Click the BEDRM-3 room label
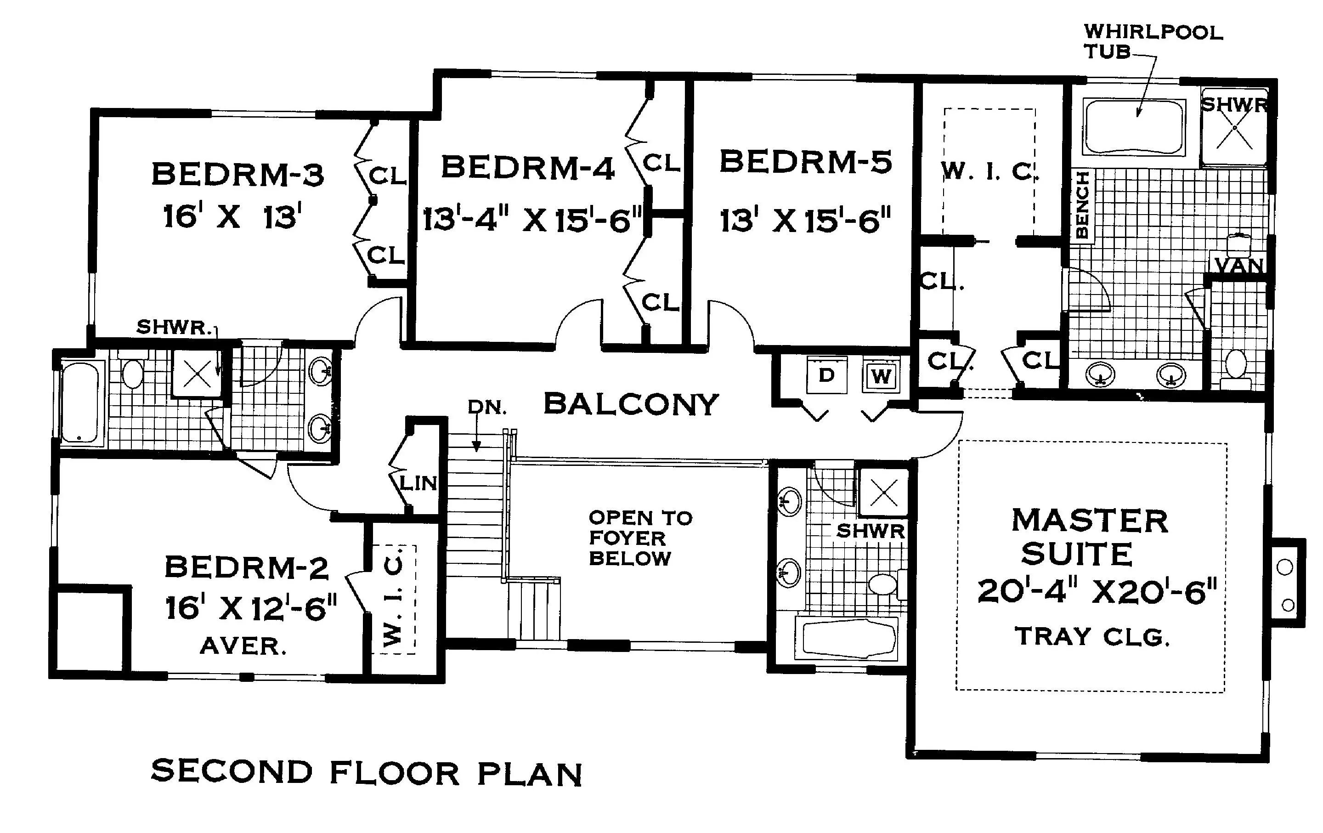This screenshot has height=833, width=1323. (238, 175)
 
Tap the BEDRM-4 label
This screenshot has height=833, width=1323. (528, 168)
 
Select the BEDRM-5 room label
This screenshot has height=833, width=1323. (806, 162)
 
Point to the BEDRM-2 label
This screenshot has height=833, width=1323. (247, 567)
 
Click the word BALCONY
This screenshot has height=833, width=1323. (631, 404)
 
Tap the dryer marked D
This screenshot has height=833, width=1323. (827, 375)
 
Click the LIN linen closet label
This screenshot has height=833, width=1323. (418, 483)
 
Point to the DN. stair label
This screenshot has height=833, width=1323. (487, 408)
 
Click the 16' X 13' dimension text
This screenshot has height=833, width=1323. (232, 216)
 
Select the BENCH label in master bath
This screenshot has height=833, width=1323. (1082, 204)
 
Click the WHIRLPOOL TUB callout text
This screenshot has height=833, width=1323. (1153, 41)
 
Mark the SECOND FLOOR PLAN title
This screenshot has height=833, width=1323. (367, 772)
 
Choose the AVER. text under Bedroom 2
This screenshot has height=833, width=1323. (243, 646)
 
